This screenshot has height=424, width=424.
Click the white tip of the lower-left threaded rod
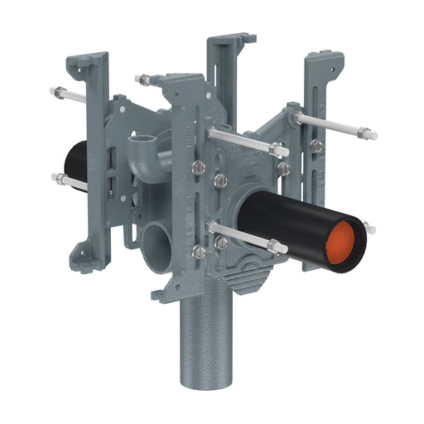(x=55, y=176)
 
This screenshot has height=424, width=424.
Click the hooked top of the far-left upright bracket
(x=92, y=62)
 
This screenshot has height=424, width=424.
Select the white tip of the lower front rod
(x=283, y=248)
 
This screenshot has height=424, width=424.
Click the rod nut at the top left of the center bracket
(x=144, y=79)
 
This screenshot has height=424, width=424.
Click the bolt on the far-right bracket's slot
(x=316, y=146)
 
